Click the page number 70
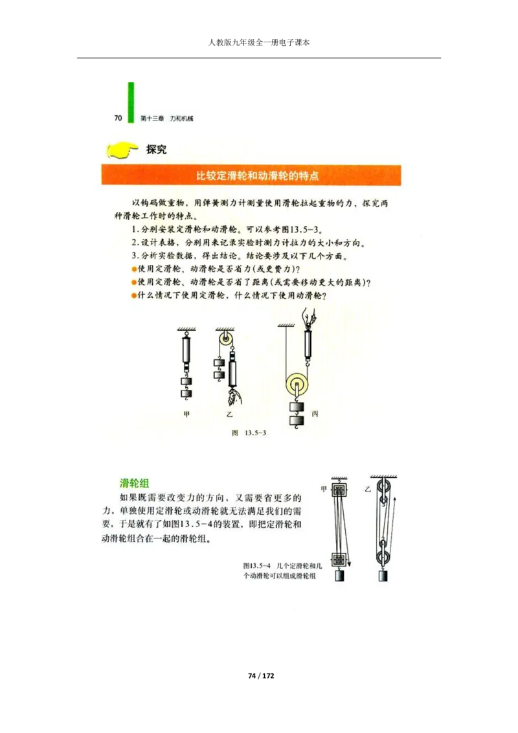click(x=118, y=118)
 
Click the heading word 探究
click(x=156, y=150)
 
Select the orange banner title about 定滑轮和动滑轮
click(x=258, y=175)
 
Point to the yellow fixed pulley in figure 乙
click(x=225, y=339)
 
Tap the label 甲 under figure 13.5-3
click(x=186, y=414)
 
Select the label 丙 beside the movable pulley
click(x=315, y=414)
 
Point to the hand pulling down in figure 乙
click(x=231, y=396)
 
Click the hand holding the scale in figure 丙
click(x=308, y=317)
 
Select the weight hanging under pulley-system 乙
click(x=383, y=576)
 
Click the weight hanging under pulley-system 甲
click(x=341, y=576)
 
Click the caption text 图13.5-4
click(x=255, y=564)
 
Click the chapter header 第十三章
click(x=151, y=119)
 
